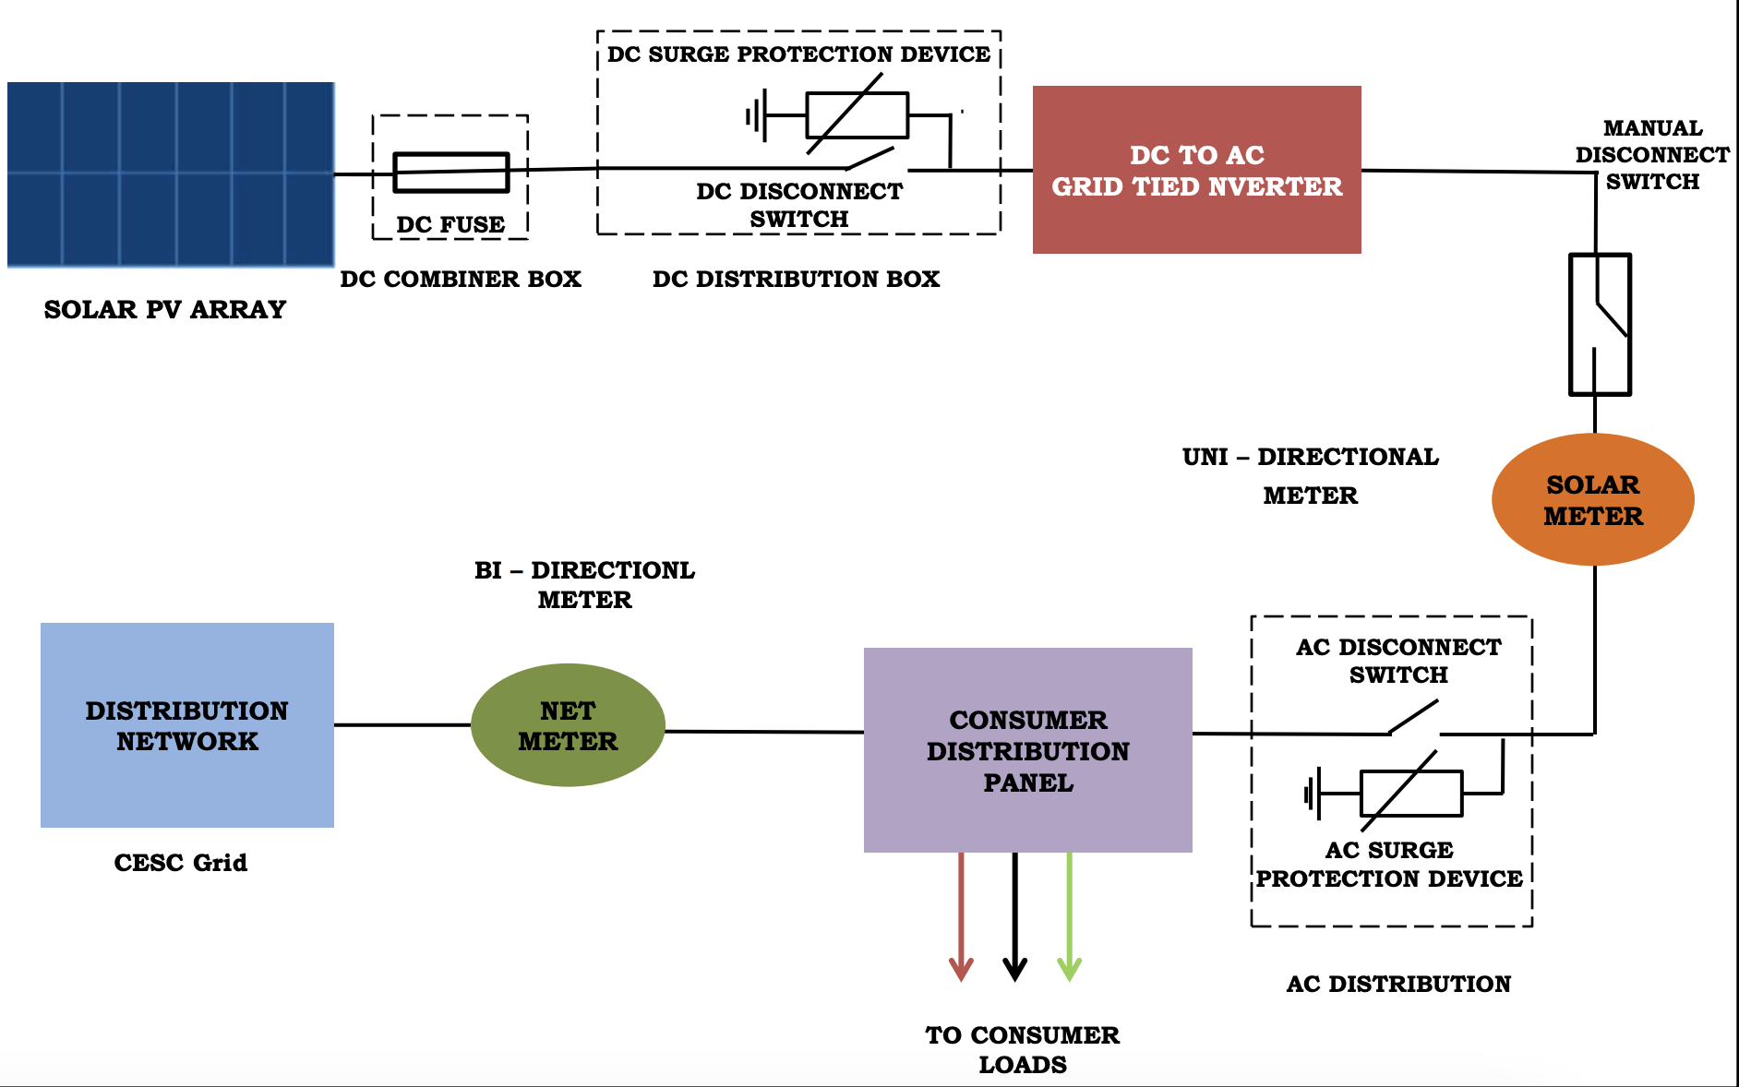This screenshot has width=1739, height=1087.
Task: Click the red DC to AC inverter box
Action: [1196, 170]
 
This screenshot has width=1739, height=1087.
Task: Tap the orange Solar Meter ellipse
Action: [1592, 499]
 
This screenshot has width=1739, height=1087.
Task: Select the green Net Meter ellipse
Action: [568, 725]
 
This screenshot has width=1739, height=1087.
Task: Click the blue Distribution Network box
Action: [187, 725]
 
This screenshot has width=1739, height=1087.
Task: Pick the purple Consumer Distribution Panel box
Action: [1027, 749]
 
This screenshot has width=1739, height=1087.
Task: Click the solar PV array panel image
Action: [171, 174]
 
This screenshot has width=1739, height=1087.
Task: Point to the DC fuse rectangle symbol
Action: [451, 173]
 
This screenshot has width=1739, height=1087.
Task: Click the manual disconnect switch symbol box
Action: [1600, 324]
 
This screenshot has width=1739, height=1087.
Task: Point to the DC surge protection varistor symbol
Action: [857, 115]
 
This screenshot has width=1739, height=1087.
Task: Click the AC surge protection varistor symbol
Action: [1410, 793]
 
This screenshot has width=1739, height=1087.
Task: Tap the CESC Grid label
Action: [181, 863]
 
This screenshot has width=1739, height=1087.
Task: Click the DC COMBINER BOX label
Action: [461, 279]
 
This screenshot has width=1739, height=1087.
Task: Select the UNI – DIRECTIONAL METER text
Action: [1310, 475]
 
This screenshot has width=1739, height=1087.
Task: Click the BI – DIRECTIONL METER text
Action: [584, 584]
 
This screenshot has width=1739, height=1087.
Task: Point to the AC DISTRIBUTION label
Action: [1398, 984]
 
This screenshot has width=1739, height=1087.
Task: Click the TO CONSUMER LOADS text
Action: [1023, 1049]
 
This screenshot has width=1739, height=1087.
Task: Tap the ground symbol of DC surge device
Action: [756, 116]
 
